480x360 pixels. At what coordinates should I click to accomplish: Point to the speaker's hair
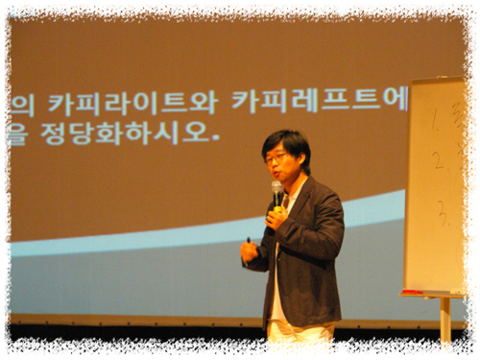pos(286,141)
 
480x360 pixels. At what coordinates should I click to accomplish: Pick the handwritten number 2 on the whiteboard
pos(438,160)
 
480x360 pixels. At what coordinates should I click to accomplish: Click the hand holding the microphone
pos(276,218)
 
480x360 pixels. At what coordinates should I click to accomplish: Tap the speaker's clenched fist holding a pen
pos(250,252)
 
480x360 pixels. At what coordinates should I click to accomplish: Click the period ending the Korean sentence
pos(215,139)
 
